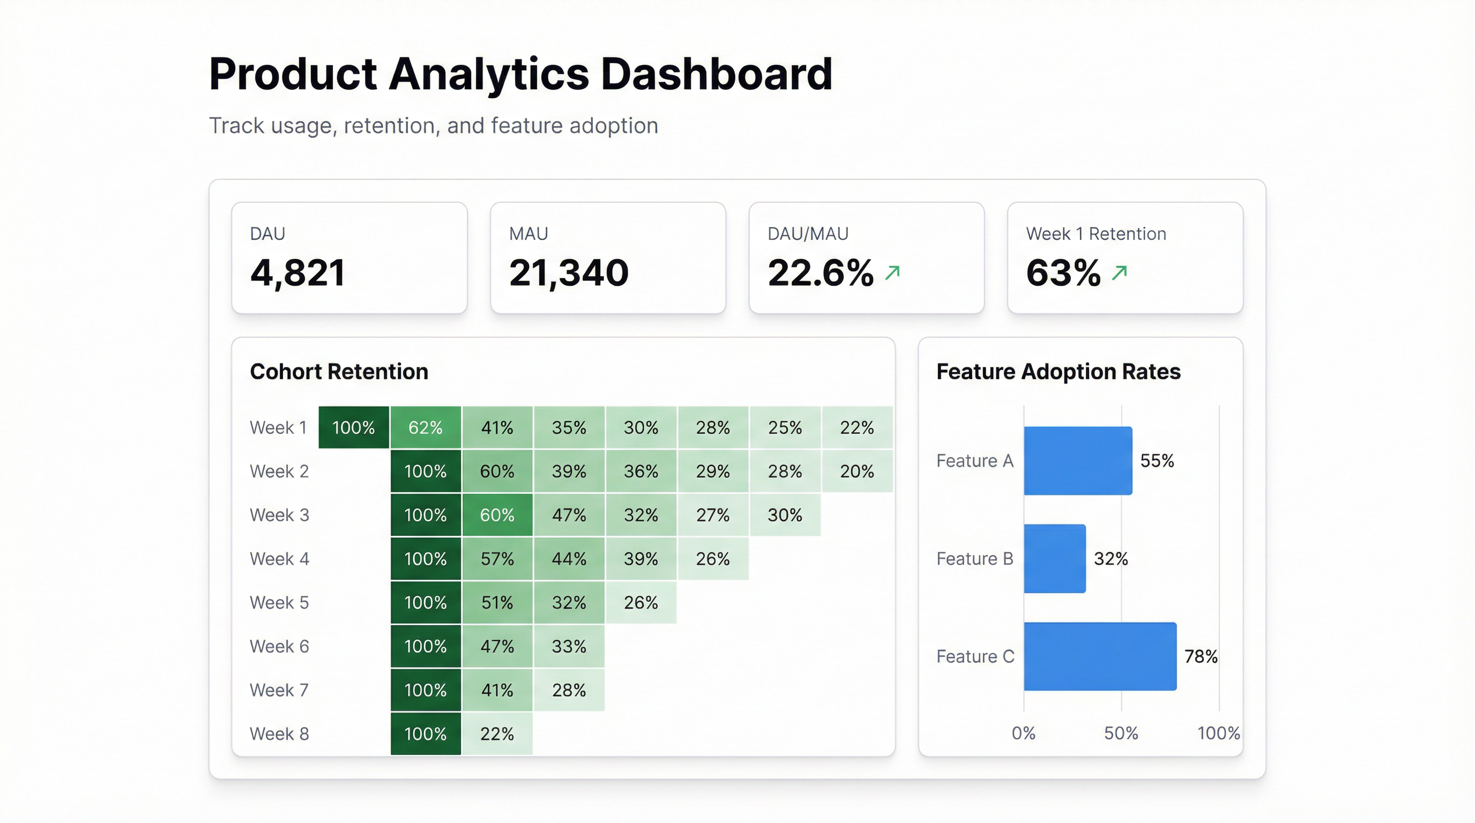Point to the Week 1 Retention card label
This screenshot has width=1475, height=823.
[x=1096, y=234]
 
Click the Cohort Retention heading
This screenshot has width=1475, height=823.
[x=338, y=371]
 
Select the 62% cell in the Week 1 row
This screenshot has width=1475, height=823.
[x=425, y=428]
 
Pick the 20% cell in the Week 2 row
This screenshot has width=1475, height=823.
[x=856, y=471]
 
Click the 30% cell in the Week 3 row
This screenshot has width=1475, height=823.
[x=785, y=515]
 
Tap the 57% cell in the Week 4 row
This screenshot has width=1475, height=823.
[x=496, y=559]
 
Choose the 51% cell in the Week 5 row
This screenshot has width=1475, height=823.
[x=496, y=602]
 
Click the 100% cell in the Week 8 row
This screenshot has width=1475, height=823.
[x=425, y=734]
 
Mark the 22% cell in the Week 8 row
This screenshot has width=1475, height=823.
[x=496, y=734]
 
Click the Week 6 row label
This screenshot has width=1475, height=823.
[x=279, y=646]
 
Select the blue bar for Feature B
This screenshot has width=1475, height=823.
[x=1054, y=559]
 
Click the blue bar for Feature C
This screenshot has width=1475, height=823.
[x=1099, y=656]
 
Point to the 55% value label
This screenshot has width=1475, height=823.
[x=1157, y=461]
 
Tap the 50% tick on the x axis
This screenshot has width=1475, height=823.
[x=1121, y=733]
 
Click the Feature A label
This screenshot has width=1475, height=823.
[x=974, y=461]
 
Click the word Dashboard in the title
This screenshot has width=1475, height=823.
[x=716, y=74]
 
